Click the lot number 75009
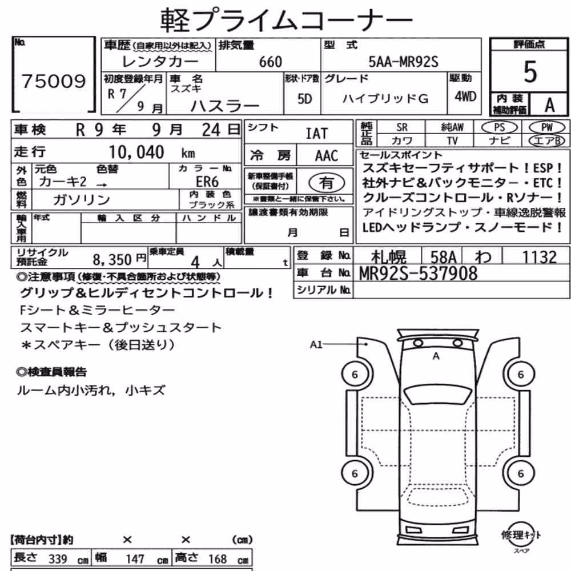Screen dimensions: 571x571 (54, 81)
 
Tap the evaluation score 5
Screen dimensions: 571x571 (530, 71)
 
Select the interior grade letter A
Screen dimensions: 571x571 (549, 105)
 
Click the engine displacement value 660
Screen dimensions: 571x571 (270, 62)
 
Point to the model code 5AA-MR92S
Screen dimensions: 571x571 (404, 62)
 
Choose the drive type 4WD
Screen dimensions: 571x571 (465, 96)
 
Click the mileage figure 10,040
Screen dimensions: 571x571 (136, 152)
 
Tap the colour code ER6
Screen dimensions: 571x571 (207, 182)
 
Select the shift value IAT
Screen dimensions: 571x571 (316, 134)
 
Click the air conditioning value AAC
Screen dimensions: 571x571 (327, 156)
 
